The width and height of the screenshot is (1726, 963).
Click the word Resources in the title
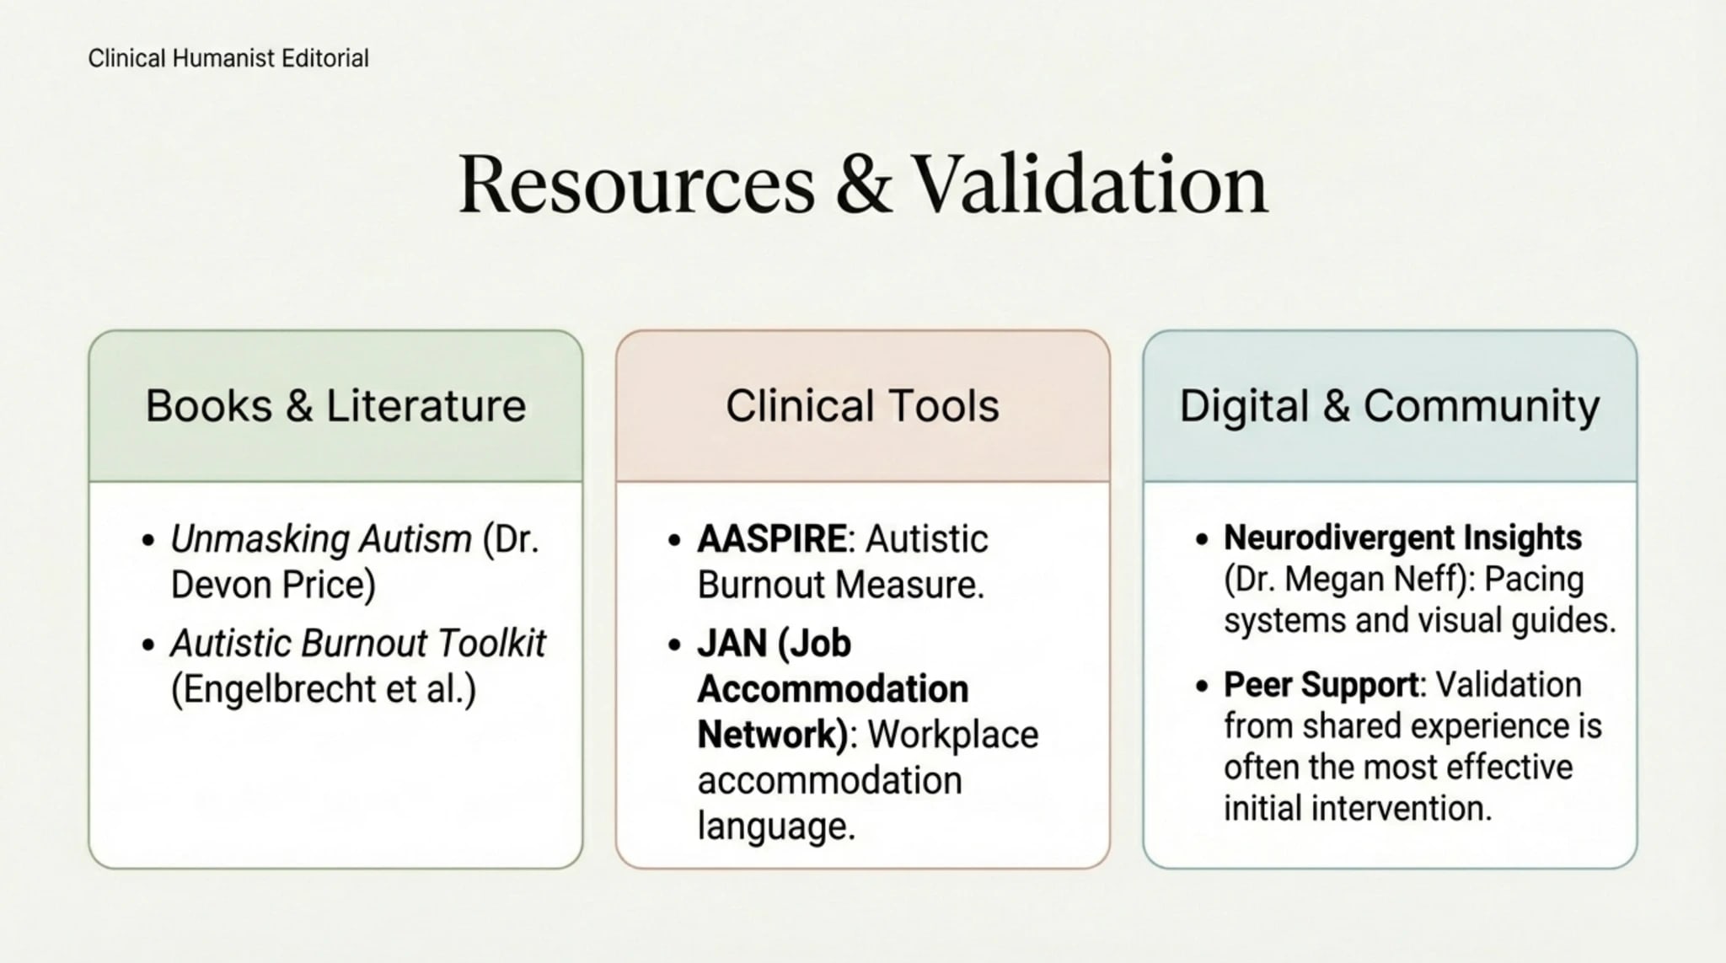click(636, 185)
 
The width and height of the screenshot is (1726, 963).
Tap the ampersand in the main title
click(864, 185)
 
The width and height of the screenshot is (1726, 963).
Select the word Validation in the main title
click(1091, 185)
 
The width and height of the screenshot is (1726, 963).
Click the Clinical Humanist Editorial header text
click(228, 58)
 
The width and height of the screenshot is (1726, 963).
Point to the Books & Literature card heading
click(335, 405)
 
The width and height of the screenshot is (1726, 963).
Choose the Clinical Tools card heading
click(862, 405)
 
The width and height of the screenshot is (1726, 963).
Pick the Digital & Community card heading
click(1389, 405)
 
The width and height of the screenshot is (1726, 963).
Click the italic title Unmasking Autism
click(321, 539)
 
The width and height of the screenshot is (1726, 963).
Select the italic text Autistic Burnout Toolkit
click(358, 643)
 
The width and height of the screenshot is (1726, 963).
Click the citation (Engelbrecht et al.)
click(324, 689)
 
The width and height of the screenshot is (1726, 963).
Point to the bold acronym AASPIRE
click(771, 539)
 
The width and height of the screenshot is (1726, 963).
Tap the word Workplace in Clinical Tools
click(953, 735)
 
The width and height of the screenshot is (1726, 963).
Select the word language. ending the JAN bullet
click(776, 826)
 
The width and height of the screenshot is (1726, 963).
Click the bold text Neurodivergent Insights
click(1402, 538)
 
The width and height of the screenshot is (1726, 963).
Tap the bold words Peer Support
click(1321, 684)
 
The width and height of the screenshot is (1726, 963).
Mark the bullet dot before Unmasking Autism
click(148, 540)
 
